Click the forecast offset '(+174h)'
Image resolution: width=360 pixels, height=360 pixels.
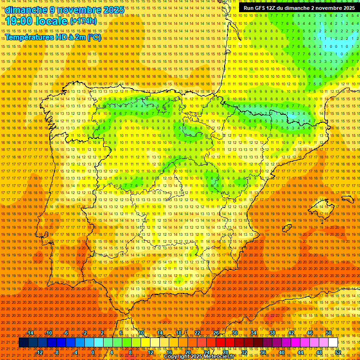(x=83, y=21)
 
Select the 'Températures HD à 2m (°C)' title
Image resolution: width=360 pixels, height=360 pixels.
(x=53, y=37)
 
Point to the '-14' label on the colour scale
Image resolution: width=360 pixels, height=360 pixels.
(x=30, y=333)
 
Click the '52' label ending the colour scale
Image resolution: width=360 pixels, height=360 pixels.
(x=338, y=352)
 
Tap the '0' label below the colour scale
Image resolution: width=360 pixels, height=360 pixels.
(x=93, y=352)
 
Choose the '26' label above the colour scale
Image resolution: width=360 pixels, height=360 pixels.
(x=216, y=333)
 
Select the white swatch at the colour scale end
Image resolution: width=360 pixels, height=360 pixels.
(x=333, y=343)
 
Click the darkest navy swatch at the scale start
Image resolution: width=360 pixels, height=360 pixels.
(x=23, y=343)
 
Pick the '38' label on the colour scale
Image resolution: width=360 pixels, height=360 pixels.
(x=272, y=333)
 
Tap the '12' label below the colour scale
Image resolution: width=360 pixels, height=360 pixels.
(x=150, y=352)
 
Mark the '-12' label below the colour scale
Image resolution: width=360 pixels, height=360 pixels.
(x=39, y=352)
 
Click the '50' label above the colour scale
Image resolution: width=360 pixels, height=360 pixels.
(x=329, y=333)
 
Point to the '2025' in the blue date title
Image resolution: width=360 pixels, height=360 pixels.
(x=113, y=10)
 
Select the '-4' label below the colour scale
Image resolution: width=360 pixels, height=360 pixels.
(x=75, y=352)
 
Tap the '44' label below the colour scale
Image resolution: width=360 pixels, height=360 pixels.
(x=300, y=352)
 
